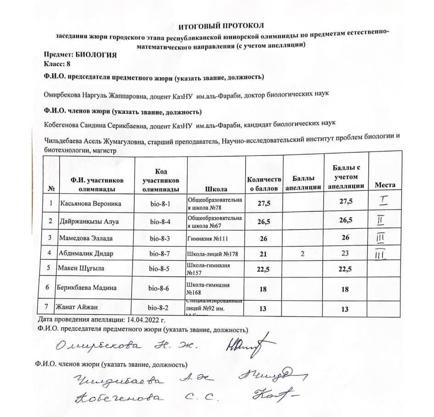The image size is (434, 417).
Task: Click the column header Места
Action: pos(385,185)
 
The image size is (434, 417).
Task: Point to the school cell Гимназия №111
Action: pos(207,239)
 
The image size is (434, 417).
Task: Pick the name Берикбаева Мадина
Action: pos(86,288)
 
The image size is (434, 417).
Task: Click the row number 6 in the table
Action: pos(50,287)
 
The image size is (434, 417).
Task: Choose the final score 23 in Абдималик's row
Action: pos(345,253)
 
